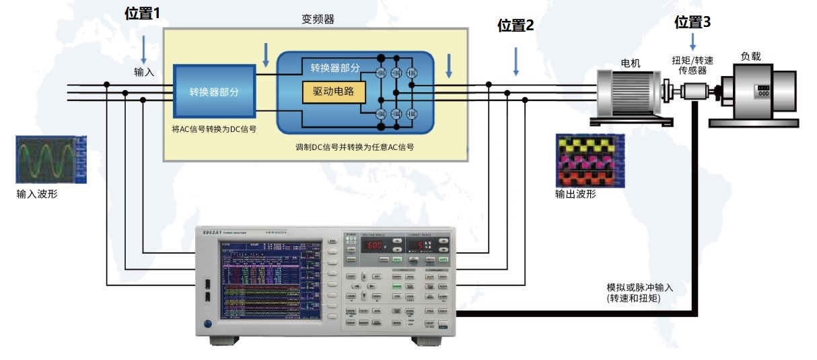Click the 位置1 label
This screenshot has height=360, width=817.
[143, 13]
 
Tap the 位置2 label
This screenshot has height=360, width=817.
[516, 26]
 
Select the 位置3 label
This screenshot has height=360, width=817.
[692, 22]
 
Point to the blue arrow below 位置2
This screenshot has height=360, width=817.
[516, 61]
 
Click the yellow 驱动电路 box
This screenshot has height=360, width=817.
[334, 91]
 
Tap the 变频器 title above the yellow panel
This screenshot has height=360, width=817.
[318, 20]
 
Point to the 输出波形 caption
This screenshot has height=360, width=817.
[575, 194]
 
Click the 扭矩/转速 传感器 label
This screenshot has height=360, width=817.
[692, 65]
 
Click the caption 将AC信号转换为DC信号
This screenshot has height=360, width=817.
[214, 127]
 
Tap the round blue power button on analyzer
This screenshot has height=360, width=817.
[207, 324]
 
